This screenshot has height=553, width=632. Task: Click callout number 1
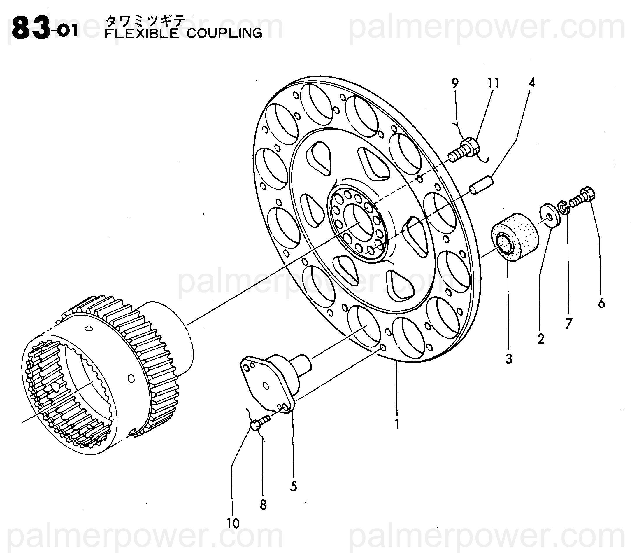(397, 425)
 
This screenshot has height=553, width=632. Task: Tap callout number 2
(541, 339)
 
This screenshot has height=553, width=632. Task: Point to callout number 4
(531, 83)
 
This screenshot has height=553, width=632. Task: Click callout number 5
(293, 487)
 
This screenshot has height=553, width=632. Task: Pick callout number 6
(601, 304)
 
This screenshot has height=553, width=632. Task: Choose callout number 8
(263, 505)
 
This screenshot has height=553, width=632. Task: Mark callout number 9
(455, 83)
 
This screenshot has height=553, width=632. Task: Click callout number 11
(494, 83)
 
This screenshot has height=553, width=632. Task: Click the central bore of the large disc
(358, 220)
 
